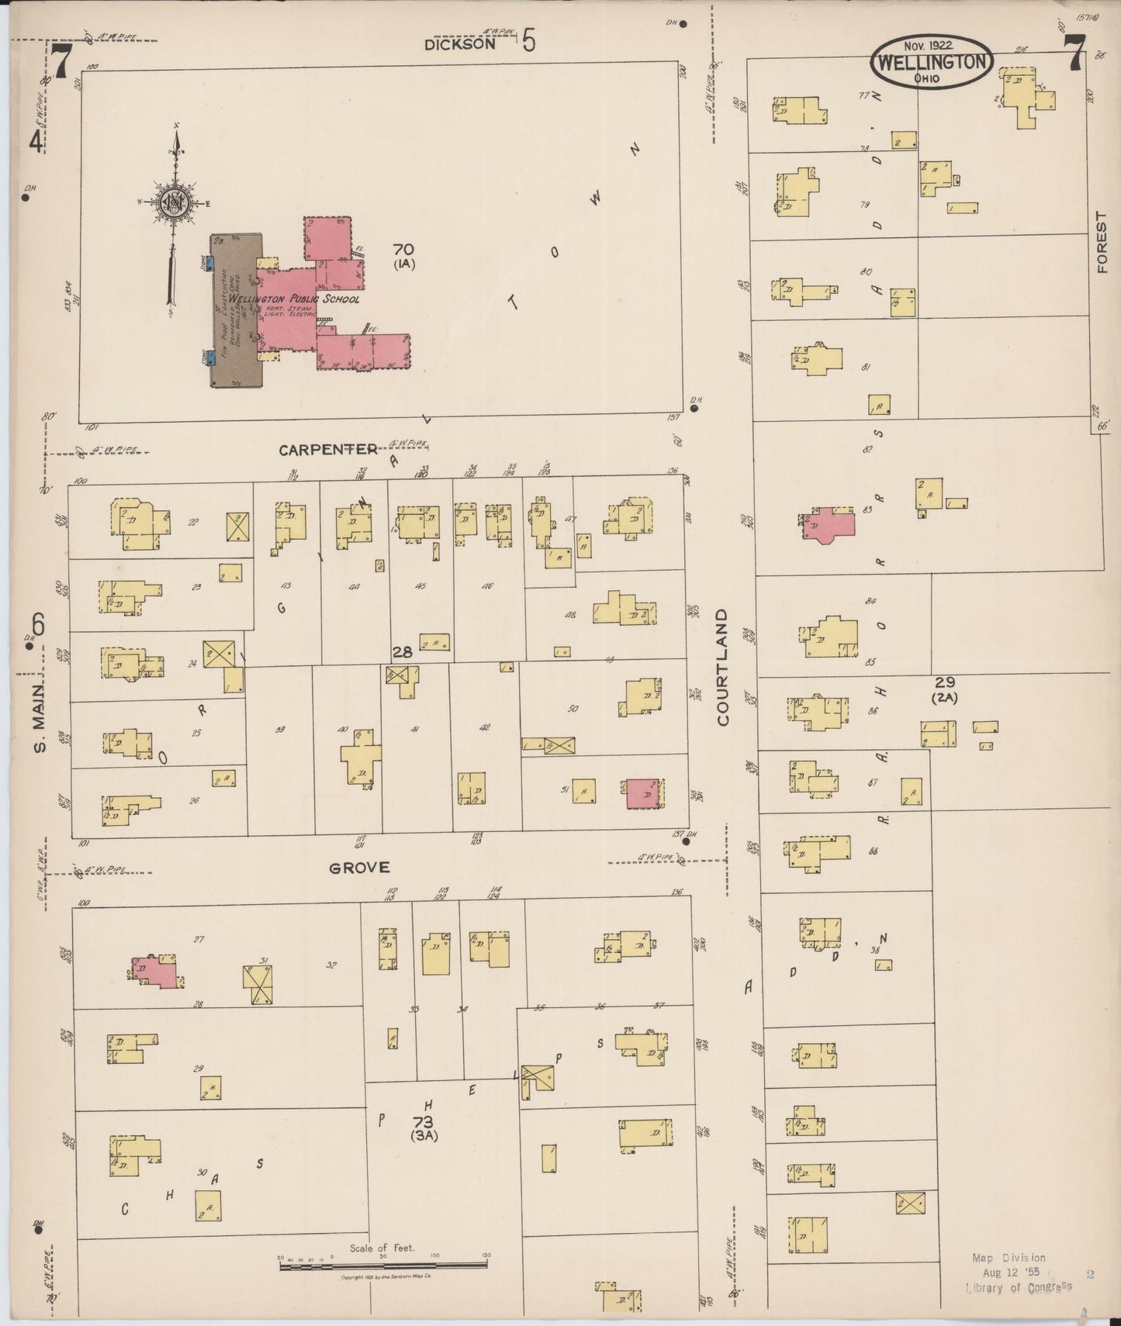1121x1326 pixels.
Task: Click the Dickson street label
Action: click(459, 44)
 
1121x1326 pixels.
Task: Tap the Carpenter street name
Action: click(328, 450)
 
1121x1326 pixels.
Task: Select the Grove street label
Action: click(359, 868)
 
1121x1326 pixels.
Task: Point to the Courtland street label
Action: click(723, 667)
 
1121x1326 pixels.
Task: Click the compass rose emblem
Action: click(172, 203)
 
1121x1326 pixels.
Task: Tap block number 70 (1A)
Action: click(403, 255)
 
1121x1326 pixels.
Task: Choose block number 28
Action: click(402, 652)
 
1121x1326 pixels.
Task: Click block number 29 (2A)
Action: click(944, 689)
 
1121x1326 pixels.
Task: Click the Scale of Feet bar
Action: click(383, 1265)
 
